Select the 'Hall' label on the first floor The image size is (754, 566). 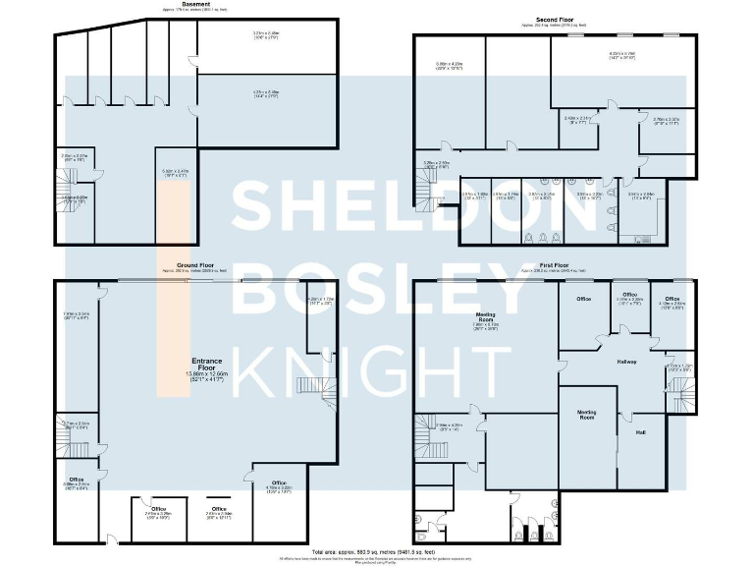(x=640, y=432)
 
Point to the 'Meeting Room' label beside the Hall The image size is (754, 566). (x=587, y=414)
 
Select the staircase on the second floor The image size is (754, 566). (x=430, y=195)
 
